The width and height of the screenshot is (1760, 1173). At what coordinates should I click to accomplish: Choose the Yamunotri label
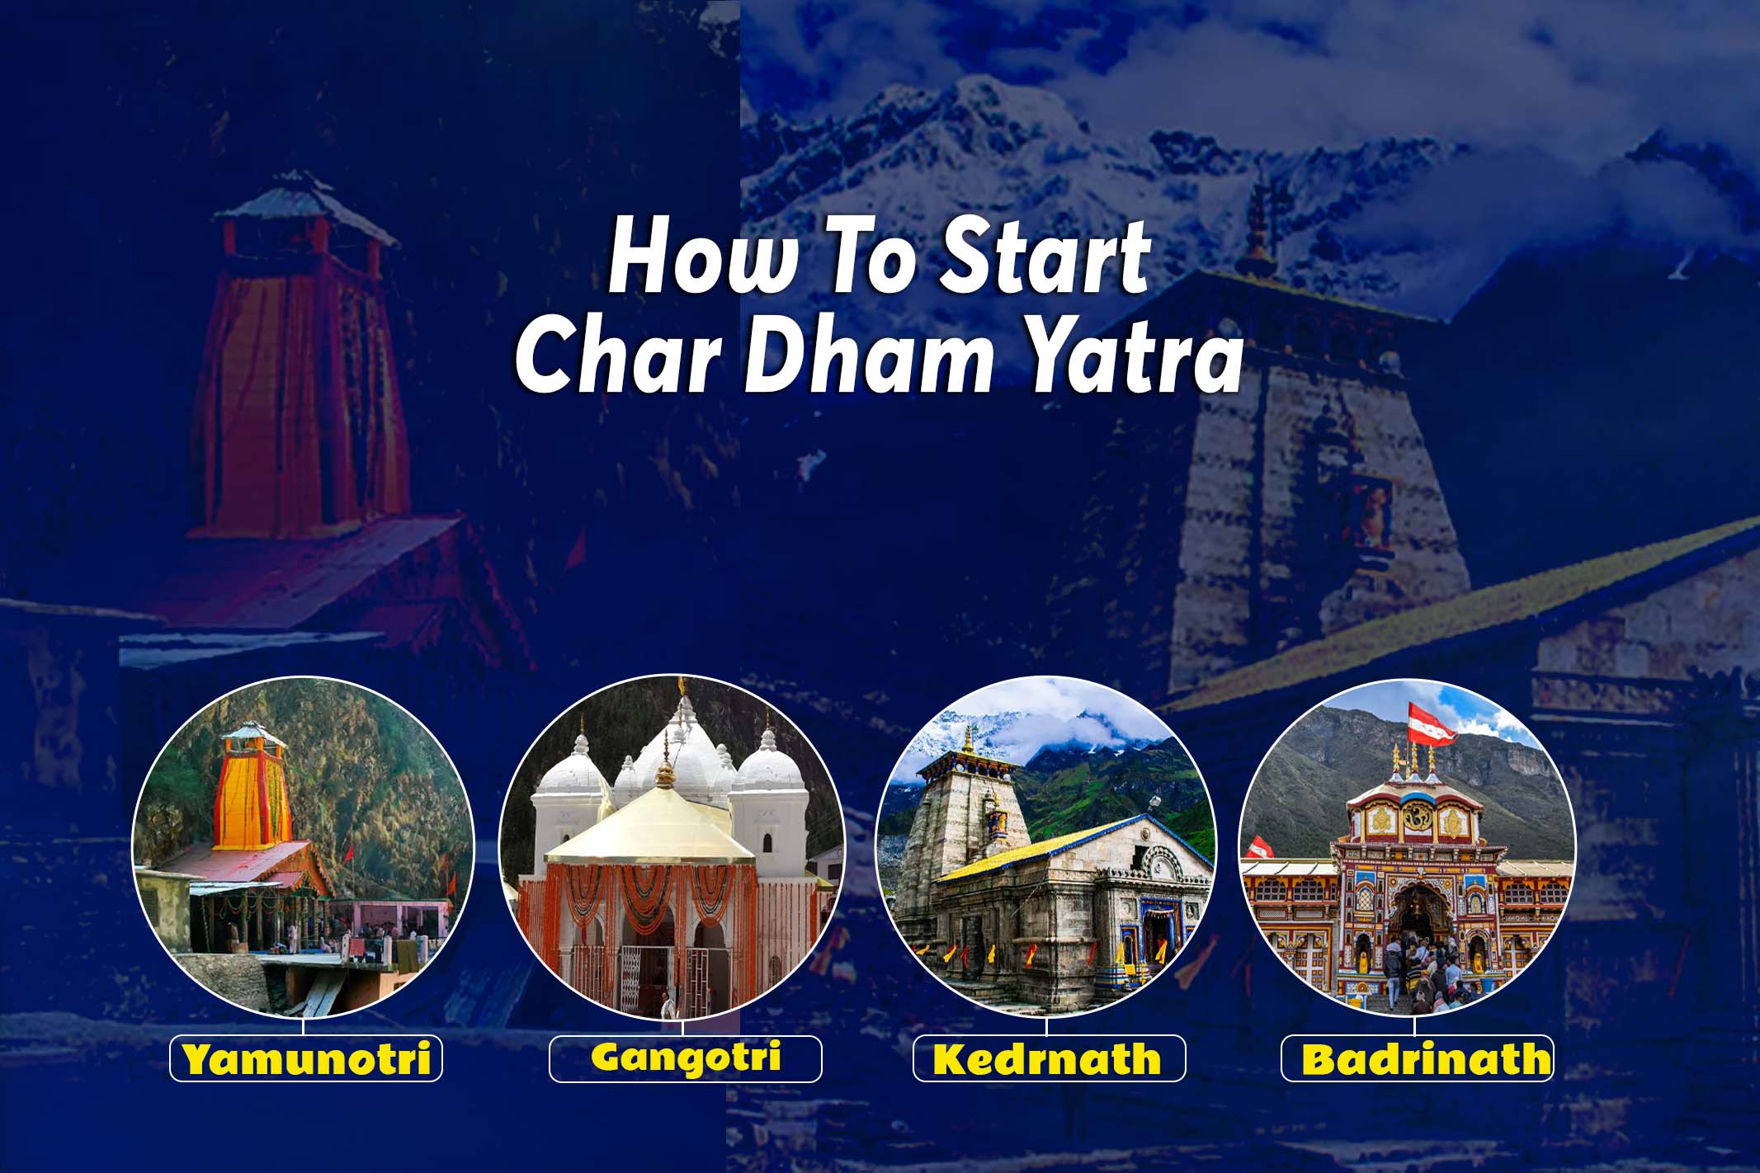[x=306, y=1059]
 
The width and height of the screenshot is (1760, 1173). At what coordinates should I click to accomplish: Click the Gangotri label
[x=685, y=1058]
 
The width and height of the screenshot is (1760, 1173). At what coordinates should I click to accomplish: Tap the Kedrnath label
[x=1048, y=1059]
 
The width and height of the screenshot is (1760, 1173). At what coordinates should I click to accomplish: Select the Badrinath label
[x=1416, y=1059]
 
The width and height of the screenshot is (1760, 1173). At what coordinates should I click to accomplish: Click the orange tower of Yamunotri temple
[x=254, y=792]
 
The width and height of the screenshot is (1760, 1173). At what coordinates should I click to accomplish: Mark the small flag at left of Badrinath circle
[x=1258, y=846]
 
